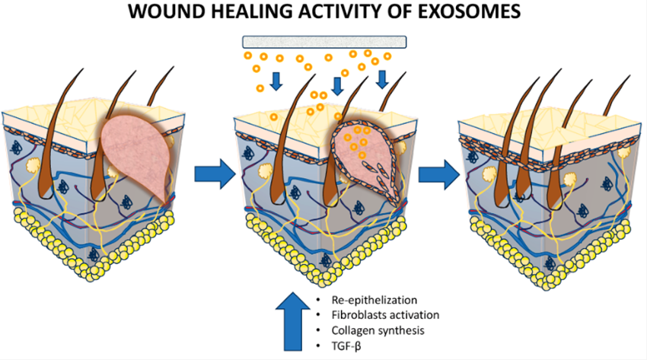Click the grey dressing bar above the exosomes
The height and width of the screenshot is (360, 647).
325,42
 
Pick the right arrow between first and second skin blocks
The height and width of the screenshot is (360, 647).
211,173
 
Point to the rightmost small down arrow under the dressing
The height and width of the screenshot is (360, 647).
382,78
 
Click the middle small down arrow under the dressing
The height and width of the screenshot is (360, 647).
337,82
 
